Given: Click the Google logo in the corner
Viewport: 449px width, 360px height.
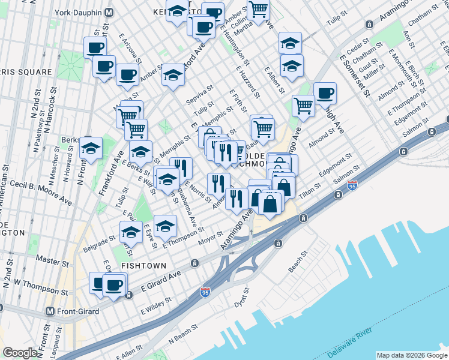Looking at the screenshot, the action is pyautogui.click(x=20, y=353).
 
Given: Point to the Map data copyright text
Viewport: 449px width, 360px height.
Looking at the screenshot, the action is pyautogui.click(x=412, y=355).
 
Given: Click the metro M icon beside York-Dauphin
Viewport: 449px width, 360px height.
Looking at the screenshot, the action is pyautogui.click(x=109, y=12).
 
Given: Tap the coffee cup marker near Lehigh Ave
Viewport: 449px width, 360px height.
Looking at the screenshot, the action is pyautogui.click(x=325, y=92).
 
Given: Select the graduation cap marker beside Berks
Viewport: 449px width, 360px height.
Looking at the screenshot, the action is pyautogui.click(x=91, y=148).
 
